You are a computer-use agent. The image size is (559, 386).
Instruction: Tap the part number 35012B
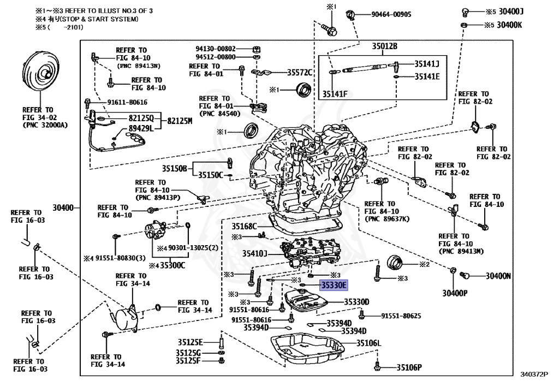385,46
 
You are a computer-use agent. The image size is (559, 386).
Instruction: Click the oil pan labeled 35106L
308,349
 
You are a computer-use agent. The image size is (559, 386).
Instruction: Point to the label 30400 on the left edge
64,207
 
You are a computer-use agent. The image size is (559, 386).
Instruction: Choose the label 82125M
180,121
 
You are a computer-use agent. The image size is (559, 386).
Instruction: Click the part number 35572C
300,73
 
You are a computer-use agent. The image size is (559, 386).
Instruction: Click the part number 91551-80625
401,316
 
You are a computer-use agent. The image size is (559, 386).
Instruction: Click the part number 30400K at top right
509,25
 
